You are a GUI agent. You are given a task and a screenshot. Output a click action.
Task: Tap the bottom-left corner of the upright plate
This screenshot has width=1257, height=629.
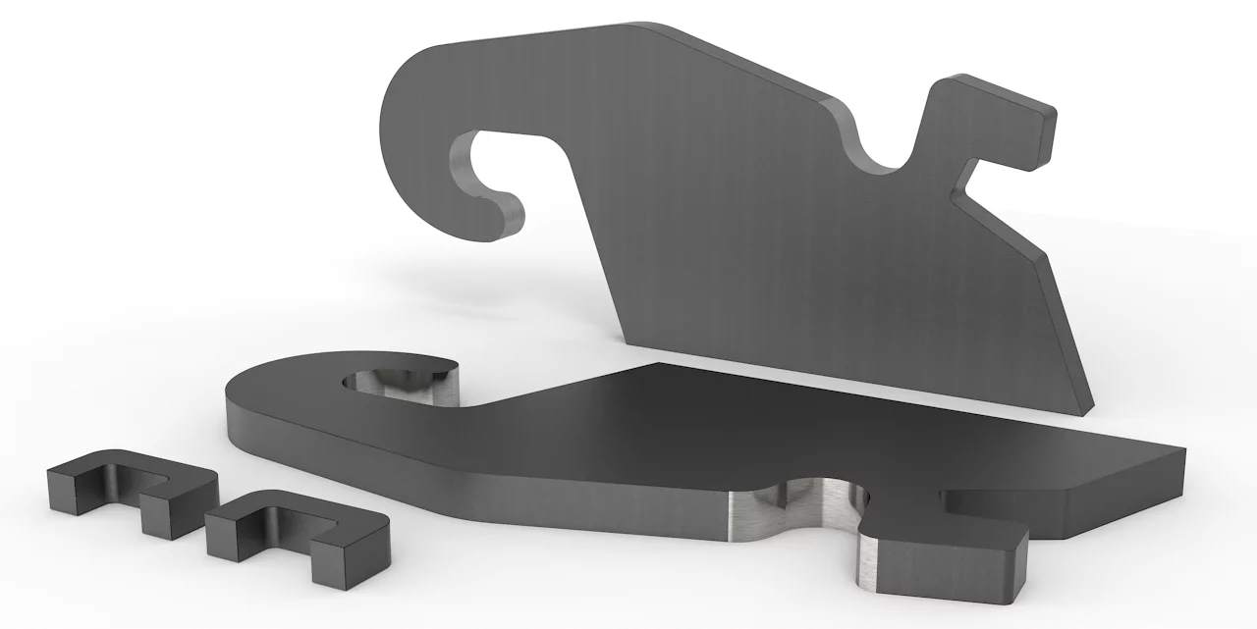628,339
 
